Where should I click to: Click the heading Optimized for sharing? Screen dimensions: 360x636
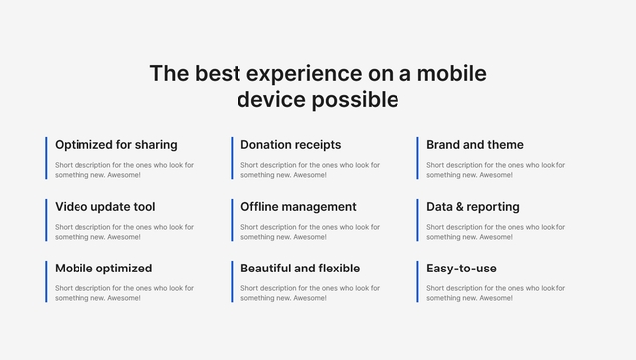point(115,145)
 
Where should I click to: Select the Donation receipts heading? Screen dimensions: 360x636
point(290,145)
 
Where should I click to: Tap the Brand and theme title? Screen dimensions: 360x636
point(474,145)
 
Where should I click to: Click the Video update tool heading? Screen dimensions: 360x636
point(104,207)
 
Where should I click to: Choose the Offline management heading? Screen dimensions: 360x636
point(298,207)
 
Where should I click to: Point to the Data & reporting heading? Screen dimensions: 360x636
point(472,207)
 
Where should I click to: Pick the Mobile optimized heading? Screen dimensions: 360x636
point(103,269)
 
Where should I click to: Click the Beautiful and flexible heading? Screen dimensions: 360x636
point(300,269)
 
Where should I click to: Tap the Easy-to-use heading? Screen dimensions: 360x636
point(461,269)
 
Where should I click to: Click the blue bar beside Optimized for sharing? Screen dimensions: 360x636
point(46,158)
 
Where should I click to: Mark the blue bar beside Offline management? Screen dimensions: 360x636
point(232,220)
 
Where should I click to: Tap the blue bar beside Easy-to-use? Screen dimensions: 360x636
point(417,281)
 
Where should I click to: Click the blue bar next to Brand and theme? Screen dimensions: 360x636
point(417,158)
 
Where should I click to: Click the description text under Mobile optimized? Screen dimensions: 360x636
point(123,293)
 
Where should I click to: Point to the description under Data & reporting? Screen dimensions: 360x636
point(495,232)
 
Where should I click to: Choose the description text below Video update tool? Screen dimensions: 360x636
point(123,232)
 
